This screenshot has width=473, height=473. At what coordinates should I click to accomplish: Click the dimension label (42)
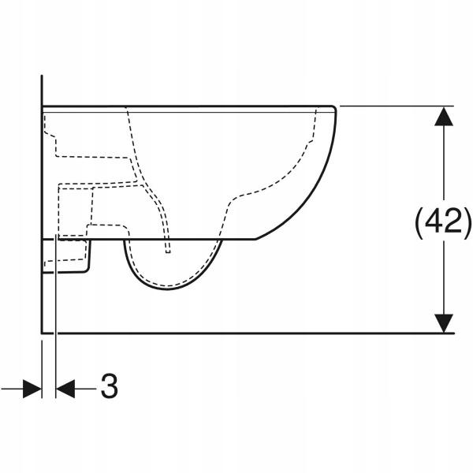443,223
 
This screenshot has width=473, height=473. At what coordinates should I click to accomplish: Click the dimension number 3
110,386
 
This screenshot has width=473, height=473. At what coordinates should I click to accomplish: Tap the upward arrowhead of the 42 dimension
443,116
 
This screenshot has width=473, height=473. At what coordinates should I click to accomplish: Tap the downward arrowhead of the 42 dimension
443,323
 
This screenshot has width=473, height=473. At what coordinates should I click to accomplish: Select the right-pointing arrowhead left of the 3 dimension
32,389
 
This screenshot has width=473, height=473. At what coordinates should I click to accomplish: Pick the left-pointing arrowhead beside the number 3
65,389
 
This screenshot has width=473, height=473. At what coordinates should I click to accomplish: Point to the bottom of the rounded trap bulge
168,289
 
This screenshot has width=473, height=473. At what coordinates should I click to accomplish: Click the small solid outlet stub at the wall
65,255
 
